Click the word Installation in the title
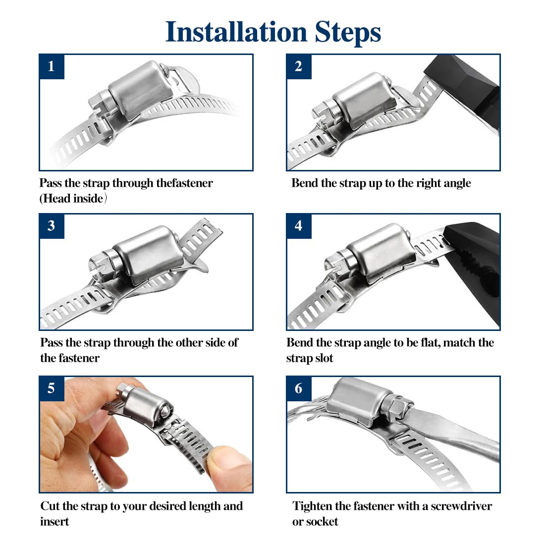(236, 32)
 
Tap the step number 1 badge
(52, 66)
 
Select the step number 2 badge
(299, 66)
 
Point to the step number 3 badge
(52, 226)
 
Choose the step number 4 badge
(299, 226)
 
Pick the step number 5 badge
(52, 388)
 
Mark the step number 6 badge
(299, 388)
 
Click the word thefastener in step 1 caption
(184, 183)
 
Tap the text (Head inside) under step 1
(73, 199)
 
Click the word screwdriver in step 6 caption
(461, 506)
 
